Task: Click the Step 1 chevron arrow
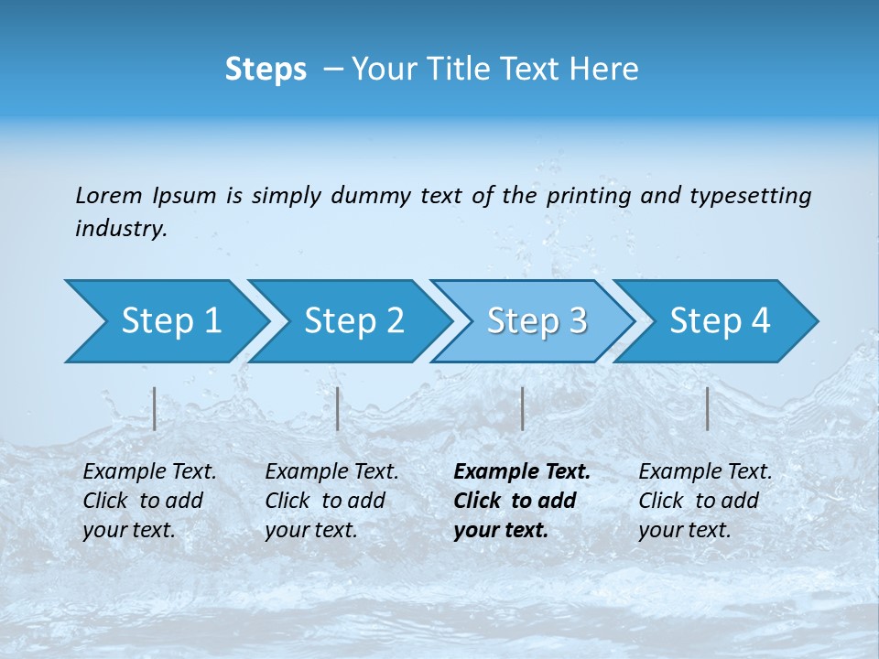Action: pyautogui.click(x=165, y=321)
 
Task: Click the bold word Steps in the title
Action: pyautogui.click(x=266, y=69)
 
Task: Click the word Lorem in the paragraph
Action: pyautogui.click(x=109, y=195)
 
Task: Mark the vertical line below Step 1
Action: pyautogui.click(x=155, y=408)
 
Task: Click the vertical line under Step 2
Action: pyautogui.click(x=338, y=408)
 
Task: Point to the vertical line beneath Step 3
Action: pyautogui.click(x=522, y=408)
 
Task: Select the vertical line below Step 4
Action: pyautogui.click(x=707, y=408)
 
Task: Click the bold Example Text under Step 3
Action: pyautogui.click(x=522, y=472)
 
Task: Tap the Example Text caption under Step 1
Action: pyautogui.click(x=150, y=472)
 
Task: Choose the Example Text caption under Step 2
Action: pyautogui.click(x=332, y=472)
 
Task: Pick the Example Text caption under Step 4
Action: pyautogui.click(x=706, y=472)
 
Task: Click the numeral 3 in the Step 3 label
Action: pyautogui.click(x=577, y=321)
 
